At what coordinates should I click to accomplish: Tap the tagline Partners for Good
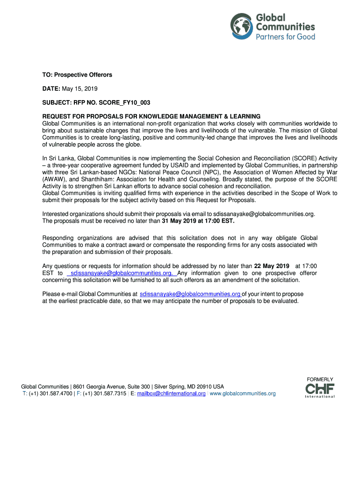coord(285,36)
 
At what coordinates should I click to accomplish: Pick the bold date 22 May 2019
coord(272,266)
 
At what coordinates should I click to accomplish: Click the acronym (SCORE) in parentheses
coord(291,158)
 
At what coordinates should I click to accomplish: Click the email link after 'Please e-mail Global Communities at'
coord(190,294)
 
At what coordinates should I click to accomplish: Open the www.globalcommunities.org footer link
coord(243,394)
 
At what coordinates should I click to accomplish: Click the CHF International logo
coord(320,390)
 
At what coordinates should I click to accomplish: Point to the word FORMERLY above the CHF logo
coord(320,379)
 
